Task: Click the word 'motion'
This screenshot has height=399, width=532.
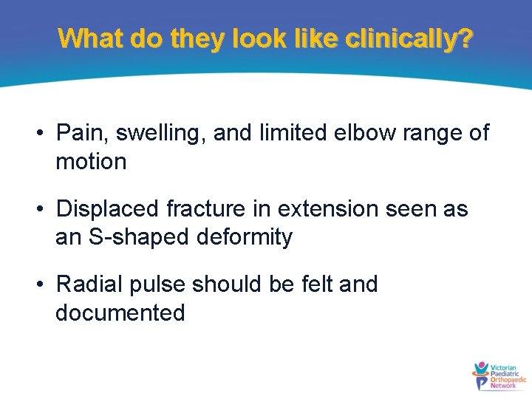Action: (x=91, y=161)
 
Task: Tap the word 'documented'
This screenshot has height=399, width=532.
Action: (x=120, y=313)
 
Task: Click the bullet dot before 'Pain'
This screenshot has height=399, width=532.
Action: (x=45, y=134)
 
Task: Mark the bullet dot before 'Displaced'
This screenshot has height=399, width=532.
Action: (x=45, y=210)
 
